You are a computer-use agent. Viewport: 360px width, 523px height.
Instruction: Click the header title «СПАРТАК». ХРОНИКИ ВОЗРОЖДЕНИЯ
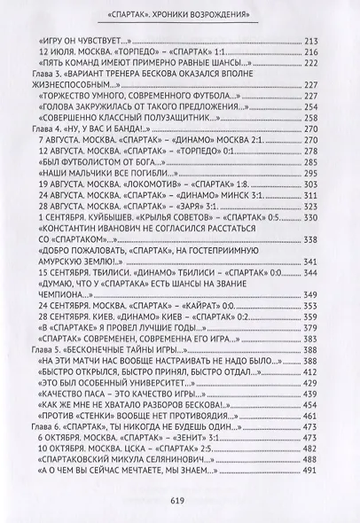coord(180,15)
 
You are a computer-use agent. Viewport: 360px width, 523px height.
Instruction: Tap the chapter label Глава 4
coord(46,129)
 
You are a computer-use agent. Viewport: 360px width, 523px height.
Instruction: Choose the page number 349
coord(310,293)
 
